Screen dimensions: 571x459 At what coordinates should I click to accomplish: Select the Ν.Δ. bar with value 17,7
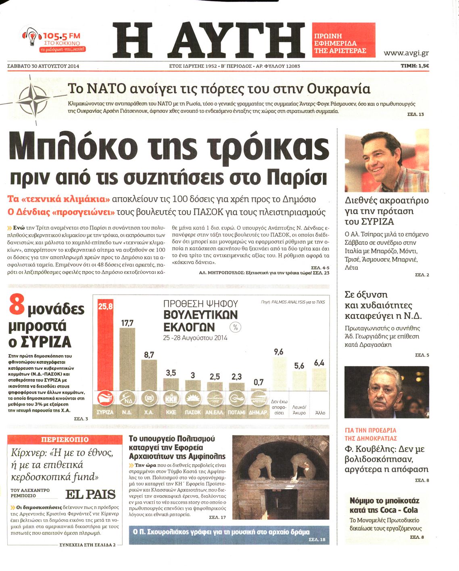[127, 359]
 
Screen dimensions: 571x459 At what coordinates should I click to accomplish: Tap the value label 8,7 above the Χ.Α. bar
[149, 355]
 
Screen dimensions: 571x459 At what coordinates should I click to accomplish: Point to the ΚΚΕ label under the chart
[171, 413]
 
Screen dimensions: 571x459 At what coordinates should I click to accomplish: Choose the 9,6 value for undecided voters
[279, 352]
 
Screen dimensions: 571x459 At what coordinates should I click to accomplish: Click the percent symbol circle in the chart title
[236, 327]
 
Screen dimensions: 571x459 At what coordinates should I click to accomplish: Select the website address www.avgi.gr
[406, 53]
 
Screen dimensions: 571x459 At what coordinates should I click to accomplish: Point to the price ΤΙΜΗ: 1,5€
[415, 66]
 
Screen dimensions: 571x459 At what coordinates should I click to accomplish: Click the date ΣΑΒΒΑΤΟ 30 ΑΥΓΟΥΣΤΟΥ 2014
[43, 66]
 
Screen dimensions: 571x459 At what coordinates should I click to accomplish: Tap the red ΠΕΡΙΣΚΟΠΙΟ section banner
[65, 440]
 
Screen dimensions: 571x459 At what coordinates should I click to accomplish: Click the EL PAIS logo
[90, 494]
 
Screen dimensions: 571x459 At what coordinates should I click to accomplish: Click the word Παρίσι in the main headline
[296, 177]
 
